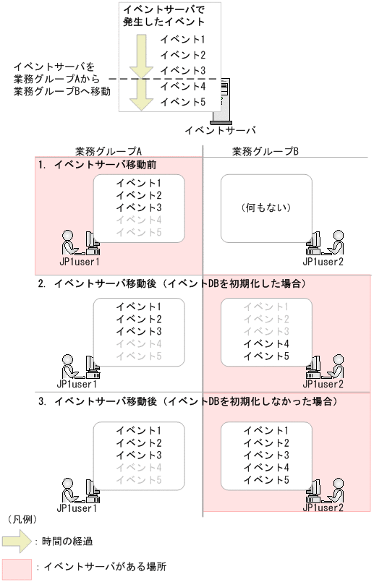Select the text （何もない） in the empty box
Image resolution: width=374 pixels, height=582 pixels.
(266, 208)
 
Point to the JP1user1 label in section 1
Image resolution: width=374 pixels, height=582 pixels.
(78, 262)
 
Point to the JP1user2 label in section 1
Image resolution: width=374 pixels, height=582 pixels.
(323, 262)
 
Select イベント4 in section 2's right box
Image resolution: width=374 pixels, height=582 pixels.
(266, 343)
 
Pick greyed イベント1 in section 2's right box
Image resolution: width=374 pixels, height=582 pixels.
(266, 307)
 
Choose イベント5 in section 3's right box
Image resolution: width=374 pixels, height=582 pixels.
(266, 479)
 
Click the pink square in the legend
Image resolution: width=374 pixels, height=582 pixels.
(15, 568)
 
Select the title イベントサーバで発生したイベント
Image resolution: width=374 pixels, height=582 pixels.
(163, 15)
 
